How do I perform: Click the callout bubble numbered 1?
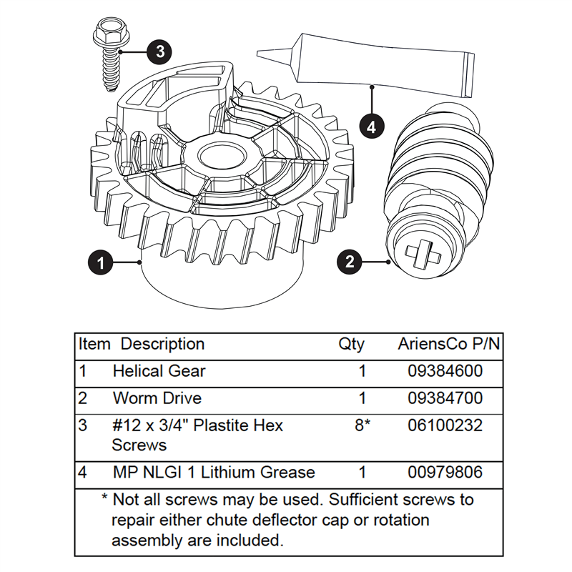click(101, 262)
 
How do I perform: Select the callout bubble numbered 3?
click(159, 51)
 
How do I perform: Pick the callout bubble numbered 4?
click(371, 127)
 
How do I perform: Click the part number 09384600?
click(445, 371)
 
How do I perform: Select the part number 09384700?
click(445, 398)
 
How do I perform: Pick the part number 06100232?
click(445, 425)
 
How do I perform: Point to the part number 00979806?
click(445, 472)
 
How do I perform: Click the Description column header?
click(162, 344)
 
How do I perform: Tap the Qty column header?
click(351, 345)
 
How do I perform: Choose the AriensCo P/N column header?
click(448, 344)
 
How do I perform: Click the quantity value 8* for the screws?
click(362, 425)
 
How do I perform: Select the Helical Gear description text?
click(159, 371)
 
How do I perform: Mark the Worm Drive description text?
click(157, 398)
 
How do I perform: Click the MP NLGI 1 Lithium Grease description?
click(213, 472)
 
